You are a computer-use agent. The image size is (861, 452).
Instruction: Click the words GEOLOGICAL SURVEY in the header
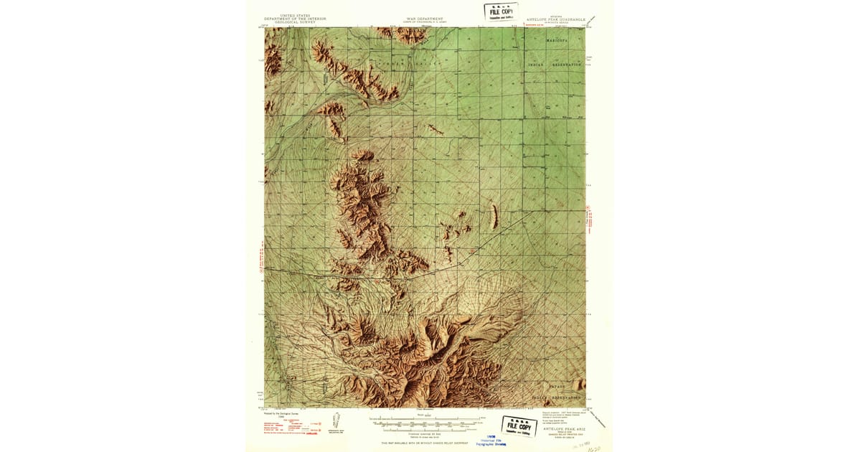[x=295, y=23]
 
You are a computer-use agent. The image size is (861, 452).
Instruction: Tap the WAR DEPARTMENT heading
[x=425, y=19]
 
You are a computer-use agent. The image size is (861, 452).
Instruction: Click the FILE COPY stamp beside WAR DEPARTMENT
[x=501, y=13]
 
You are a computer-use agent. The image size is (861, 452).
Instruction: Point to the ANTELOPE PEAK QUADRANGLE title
[x=556, y=20]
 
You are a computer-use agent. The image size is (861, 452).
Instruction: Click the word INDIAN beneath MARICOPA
[x=537, y=65]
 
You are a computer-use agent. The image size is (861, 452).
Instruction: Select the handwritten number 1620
[x=593, y=446]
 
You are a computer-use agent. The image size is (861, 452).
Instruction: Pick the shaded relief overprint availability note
[x=425, y=443]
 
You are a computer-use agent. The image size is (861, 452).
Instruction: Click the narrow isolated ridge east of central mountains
[x=494, y=215]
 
